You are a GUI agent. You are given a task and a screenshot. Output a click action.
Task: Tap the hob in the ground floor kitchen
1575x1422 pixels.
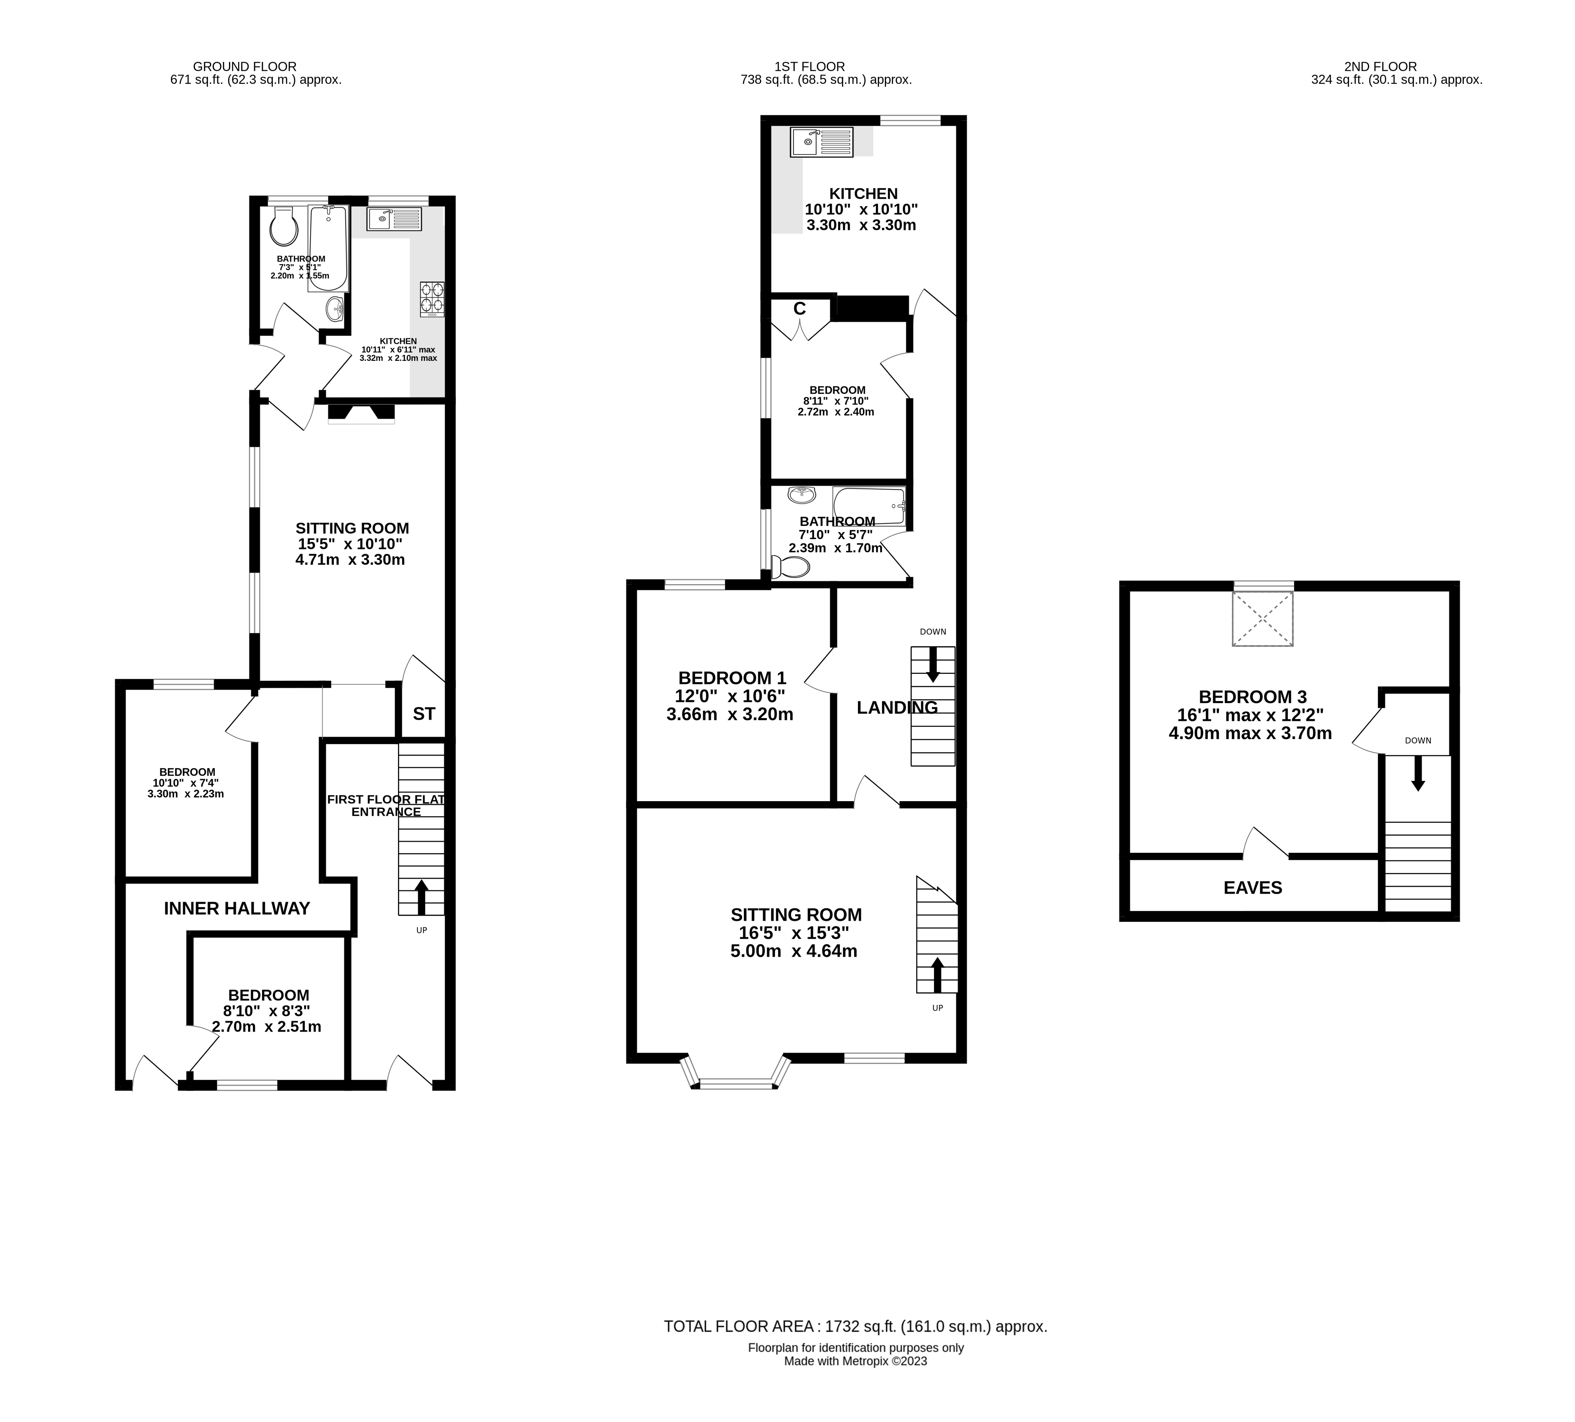point(432,298)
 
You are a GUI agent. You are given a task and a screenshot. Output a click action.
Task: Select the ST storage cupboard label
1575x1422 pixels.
point(424,713)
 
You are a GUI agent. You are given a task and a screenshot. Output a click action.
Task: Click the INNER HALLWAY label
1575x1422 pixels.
point(237,908)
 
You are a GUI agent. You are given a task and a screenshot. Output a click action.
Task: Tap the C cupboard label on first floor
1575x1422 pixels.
point(799,309)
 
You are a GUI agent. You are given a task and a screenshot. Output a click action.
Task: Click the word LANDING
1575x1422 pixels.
point(897,708)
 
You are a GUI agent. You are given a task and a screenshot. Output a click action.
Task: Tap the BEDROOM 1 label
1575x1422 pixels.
point(732,678)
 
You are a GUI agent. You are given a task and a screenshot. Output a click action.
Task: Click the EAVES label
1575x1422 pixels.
point(1252,888)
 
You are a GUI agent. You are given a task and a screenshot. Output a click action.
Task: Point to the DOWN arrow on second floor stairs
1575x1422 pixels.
point(1418,773)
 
